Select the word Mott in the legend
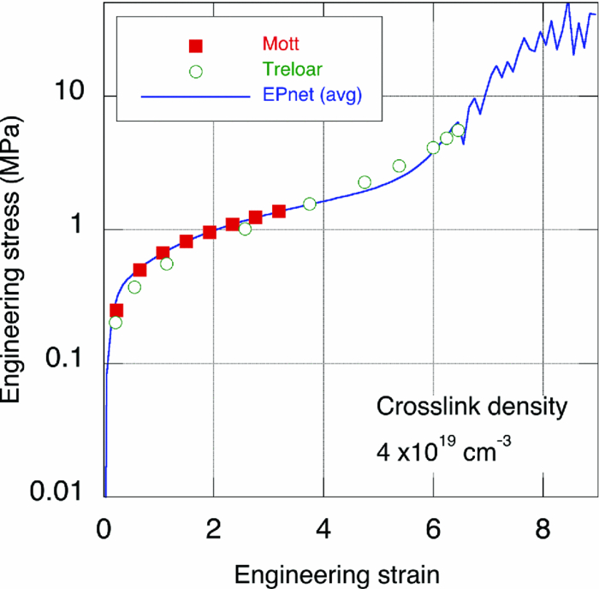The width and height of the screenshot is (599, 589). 281,43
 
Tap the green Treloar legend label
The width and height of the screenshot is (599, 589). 286,69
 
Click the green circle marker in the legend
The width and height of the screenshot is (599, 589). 195,71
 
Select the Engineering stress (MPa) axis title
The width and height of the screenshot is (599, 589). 17,265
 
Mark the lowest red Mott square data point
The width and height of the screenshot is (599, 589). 116,311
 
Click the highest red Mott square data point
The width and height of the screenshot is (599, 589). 278,211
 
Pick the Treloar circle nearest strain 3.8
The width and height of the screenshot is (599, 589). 309,204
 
